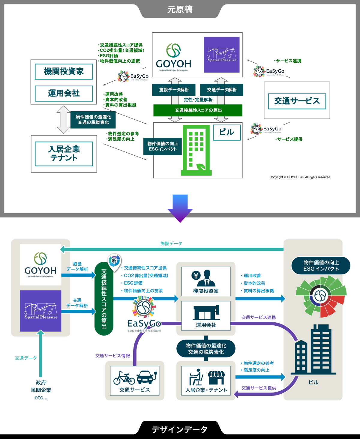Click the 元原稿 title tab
click(x=180, y=10)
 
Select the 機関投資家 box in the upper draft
click(x=64, y=72)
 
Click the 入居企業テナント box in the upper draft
click(x=64, y=154)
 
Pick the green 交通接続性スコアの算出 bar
click(x=198, y=110)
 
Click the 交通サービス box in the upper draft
click(x=297, y=101)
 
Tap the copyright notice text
click(x=300, y=177)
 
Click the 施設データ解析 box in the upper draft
click(x=174, y=90)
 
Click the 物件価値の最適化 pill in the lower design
click(x=206, y=349)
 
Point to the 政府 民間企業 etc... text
click(x=41, y=390)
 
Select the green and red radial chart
click(x=320, y=297)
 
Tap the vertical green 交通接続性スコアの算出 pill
click(x=104, y=299)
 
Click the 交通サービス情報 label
click(x=112, y=356)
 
